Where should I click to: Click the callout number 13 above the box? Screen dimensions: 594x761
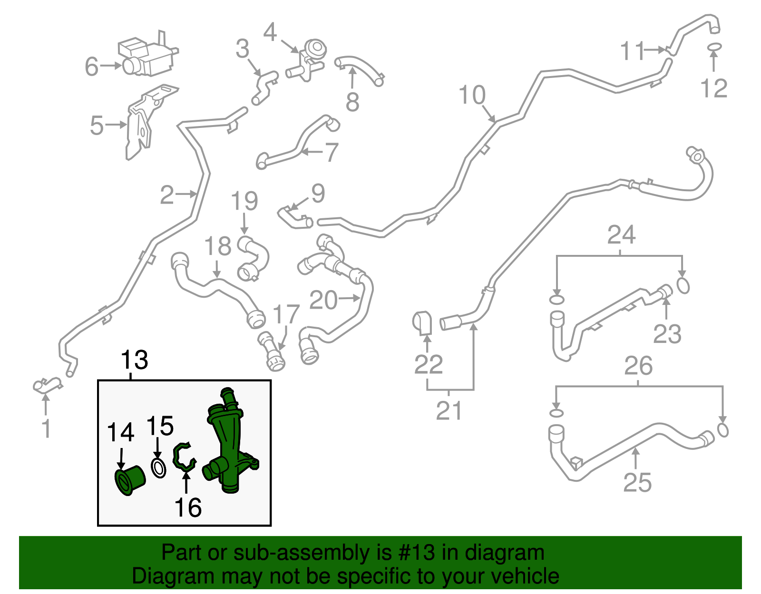pyautogui.click(x=135, y=360)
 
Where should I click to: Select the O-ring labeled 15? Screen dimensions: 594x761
pyautogui.click(x=158, y=468)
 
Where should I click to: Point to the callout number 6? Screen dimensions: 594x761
pyautogui.click(x=91, y=67)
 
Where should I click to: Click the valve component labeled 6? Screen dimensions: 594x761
pyautogui.click(x=147, y=56)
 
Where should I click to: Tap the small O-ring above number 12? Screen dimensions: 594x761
pyautogui.click(x=714, y=47)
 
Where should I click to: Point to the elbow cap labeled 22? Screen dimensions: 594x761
pyautogui.click(x=422, y=323)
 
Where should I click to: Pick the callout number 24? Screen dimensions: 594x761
pyautogui.click(x=621, y=235)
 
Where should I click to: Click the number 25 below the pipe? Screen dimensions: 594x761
pyautogui.click(x=637, y=483)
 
